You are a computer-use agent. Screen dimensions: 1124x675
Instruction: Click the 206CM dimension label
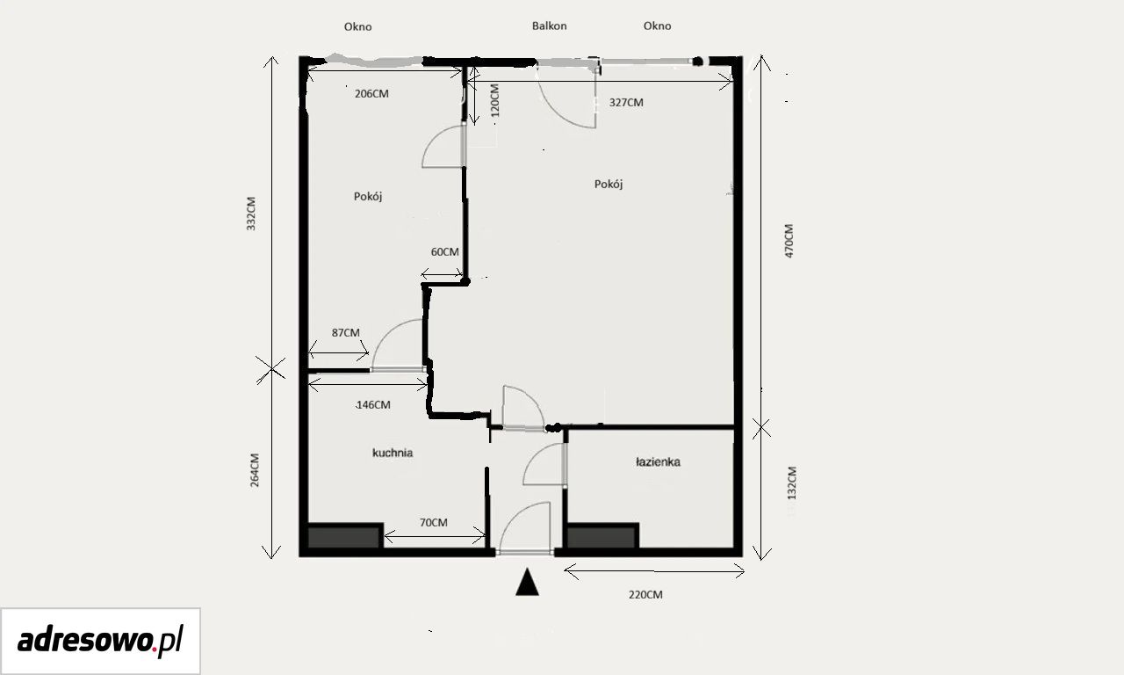[x=371, y=94]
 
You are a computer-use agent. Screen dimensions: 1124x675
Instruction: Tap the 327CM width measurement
[x=626, y=103]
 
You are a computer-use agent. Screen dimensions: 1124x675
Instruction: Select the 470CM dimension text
[x=789, y=241]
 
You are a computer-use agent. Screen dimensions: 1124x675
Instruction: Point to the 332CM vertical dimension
[x=251, y=214]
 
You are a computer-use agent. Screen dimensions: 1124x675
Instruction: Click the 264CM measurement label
[x=255, y=470]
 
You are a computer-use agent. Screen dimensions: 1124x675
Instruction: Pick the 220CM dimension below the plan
[x=645, y=595]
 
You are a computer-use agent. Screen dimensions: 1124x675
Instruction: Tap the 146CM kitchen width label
[x=373, y=405]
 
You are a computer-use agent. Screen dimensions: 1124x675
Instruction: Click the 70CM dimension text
[x=434, y=523]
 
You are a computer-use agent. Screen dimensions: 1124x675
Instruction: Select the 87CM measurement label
[x=346, y=332]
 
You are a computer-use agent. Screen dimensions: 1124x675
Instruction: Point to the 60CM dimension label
[x=445, y=251]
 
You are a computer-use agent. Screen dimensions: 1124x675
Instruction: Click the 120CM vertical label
[x=494, y=101]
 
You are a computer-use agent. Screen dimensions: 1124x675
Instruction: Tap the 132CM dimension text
[x=791, y=483]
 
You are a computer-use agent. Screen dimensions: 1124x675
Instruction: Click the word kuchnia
[x=393, y=453]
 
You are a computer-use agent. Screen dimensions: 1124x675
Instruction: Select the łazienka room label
[x=658, y=462]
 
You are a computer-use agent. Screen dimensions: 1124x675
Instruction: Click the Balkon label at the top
[x=550, y=25]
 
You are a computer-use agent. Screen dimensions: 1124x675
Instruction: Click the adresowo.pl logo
[x=100, y=641]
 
